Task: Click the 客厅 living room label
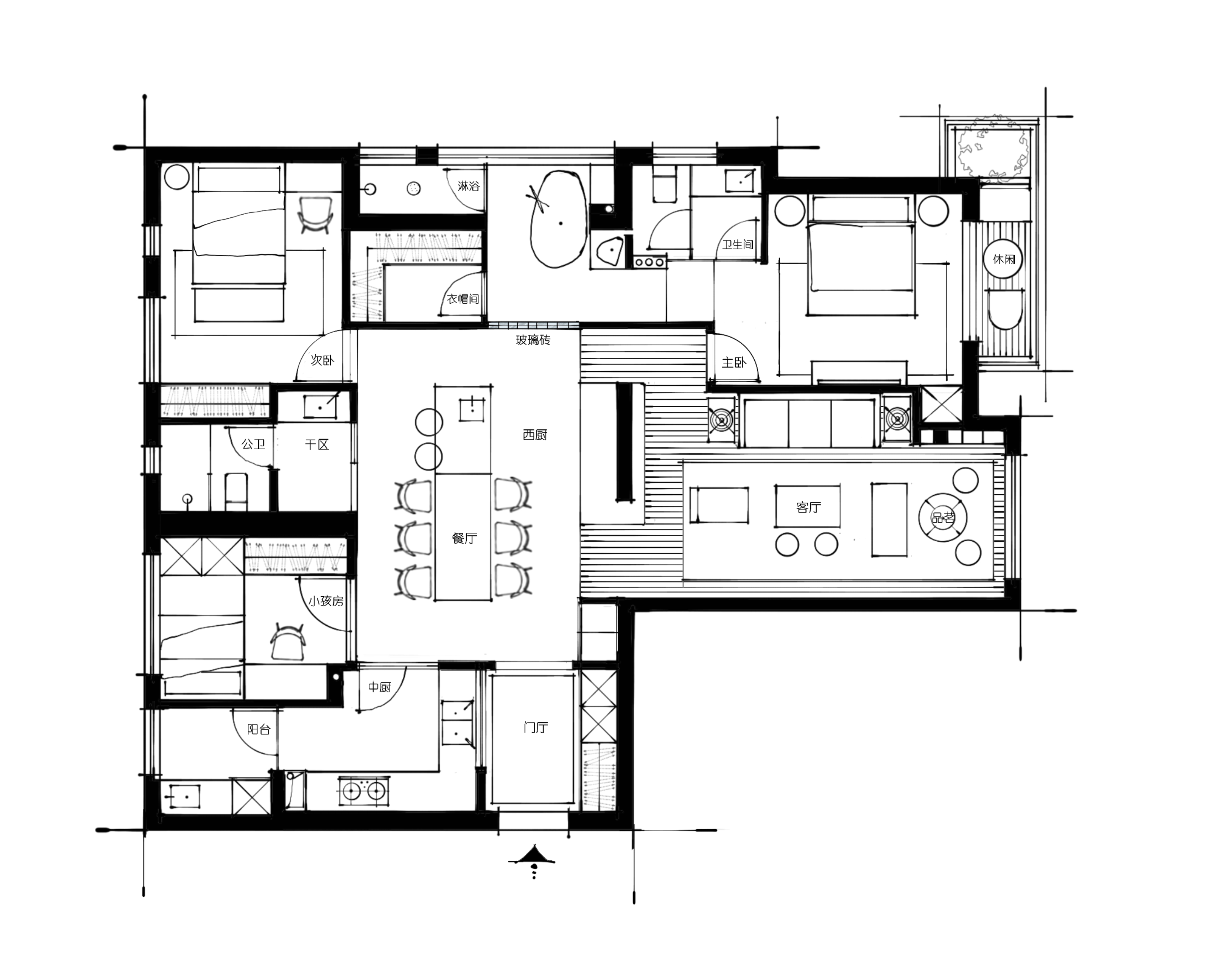(808, 507)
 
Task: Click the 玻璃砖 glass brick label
(533, 340)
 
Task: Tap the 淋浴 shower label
(468, 186)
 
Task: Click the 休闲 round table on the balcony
(1004, 259)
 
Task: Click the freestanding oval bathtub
(558, 219)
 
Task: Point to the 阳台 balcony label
(259, 729)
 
